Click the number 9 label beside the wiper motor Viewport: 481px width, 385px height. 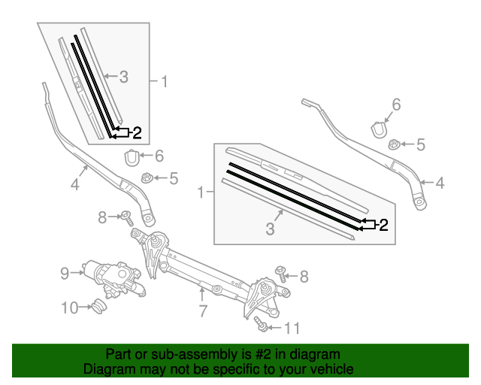(x=65, y=273)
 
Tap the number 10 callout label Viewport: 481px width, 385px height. (x=68, y=307)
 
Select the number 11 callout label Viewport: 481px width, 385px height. (x=292, y=328)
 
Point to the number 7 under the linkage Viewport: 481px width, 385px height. (x=202, y=311)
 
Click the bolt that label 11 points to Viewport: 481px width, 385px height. (x=262, y=324)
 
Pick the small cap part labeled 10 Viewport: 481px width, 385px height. (x=97, y=306)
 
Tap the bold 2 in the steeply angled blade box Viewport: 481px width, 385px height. (x=137, y=133)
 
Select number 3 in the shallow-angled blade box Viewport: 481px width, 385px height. (x=270, y=229)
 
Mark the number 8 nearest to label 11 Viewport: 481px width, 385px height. (x=304, y=277)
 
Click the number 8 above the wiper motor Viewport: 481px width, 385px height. (x=102, y=217)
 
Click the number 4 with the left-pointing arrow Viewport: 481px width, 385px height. (x=440, y=182)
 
